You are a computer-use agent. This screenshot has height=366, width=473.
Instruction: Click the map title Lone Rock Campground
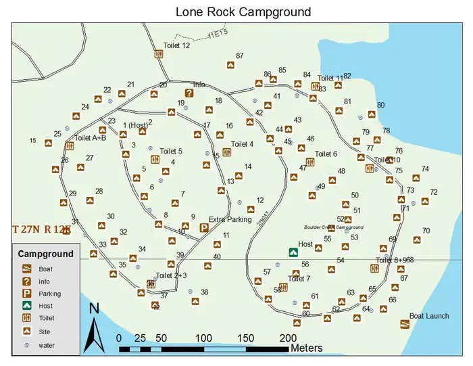click(x=243, y=12)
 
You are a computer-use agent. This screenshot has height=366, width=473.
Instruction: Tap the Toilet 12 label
click(x=176, y=45)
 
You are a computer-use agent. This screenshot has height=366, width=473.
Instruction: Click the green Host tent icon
click(x=293, y=252)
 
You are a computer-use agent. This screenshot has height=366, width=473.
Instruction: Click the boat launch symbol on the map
click(x=405, y=325)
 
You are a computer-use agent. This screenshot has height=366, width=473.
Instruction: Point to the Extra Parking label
click(x=230, y=219)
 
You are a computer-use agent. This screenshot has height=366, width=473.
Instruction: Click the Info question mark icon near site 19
click(x=189, y=93)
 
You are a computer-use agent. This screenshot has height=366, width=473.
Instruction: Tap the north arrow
click(x=95, y=328)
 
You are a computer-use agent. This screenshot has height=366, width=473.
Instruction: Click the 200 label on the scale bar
click(x=288, y=338)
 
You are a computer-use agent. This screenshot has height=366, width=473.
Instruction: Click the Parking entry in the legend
click(x=49, y=294)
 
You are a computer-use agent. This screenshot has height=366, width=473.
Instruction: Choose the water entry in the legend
click(x=47, y=344)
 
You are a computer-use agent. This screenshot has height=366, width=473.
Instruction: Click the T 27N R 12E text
click(x=42, y=229)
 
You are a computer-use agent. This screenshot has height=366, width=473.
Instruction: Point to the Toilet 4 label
click(x=242, y=144)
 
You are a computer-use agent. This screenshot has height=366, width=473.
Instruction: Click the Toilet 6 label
click(x=326, y=154)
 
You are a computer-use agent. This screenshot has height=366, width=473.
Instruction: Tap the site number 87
click(x=240, y=56)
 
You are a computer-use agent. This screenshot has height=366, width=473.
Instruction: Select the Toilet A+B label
click(x=91, y=138)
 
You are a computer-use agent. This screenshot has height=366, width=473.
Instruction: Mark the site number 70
click(x=426, y=231)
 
